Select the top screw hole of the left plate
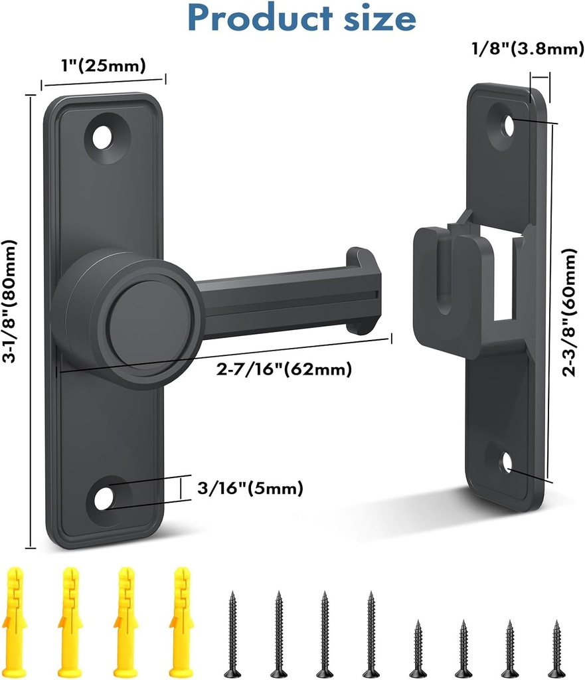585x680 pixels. [103, 138]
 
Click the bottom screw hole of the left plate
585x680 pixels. [104, 498]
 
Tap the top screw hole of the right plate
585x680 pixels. [509, 124]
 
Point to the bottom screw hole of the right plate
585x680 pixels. [507, 462]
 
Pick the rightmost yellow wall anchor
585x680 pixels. [181, 622]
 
